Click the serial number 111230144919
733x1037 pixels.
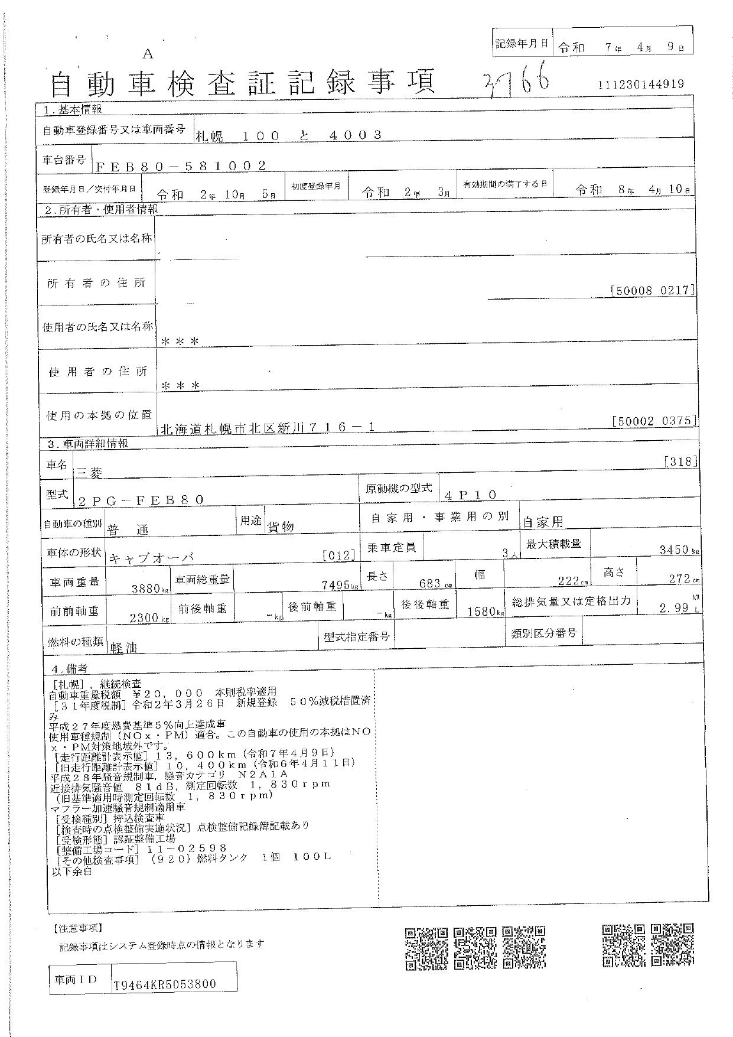[641, 84]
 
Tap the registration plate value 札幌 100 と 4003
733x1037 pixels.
[288, 135]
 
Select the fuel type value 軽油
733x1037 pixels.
[123, 647]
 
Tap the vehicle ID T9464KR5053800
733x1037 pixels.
[165, 984]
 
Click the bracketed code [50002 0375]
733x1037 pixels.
[654, 421]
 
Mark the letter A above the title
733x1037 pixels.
[148, 54]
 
